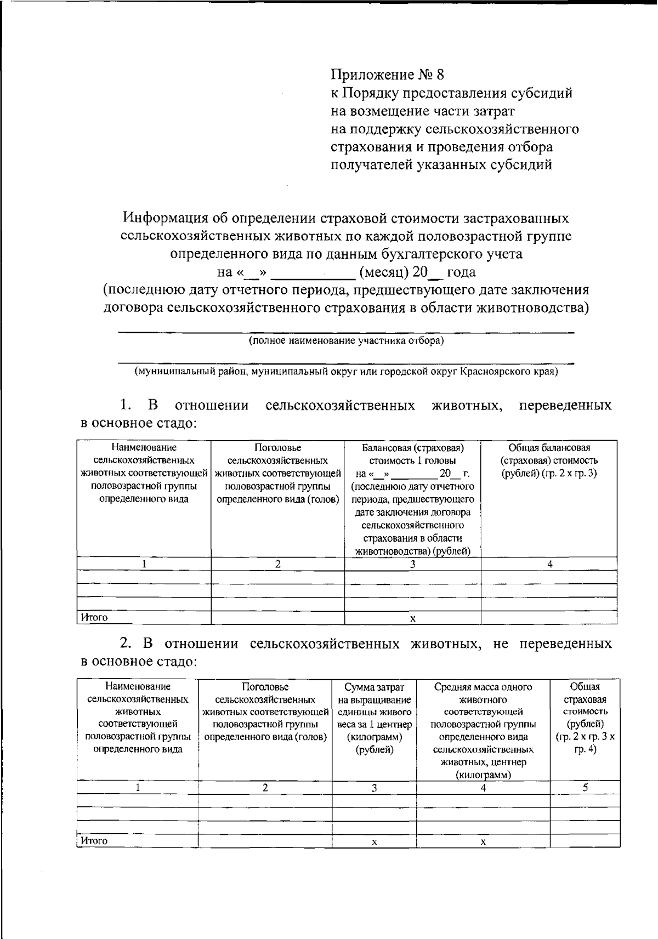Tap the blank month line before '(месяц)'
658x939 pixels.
(x=314, y=272)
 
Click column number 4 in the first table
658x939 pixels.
(x=549, y=564)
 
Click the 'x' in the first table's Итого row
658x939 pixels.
(x=412, y=618)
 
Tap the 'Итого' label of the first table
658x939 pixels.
(x=94, y=618)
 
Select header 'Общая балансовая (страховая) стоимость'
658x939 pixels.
(x=549, y=454)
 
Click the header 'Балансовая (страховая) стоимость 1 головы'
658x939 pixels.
(x=412, y=454)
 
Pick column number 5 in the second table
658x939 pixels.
(x=585, y=788)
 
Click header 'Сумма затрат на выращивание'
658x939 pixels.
(x=374, y=693)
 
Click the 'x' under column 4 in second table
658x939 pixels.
(x=483, y=842)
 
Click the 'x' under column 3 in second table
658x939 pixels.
(x=374, y=842)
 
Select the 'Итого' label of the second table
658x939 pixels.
(x=94, y=841)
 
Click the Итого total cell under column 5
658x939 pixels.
(x=585, y=841)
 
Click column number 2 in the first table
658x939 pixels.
(x=278, y=564)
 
